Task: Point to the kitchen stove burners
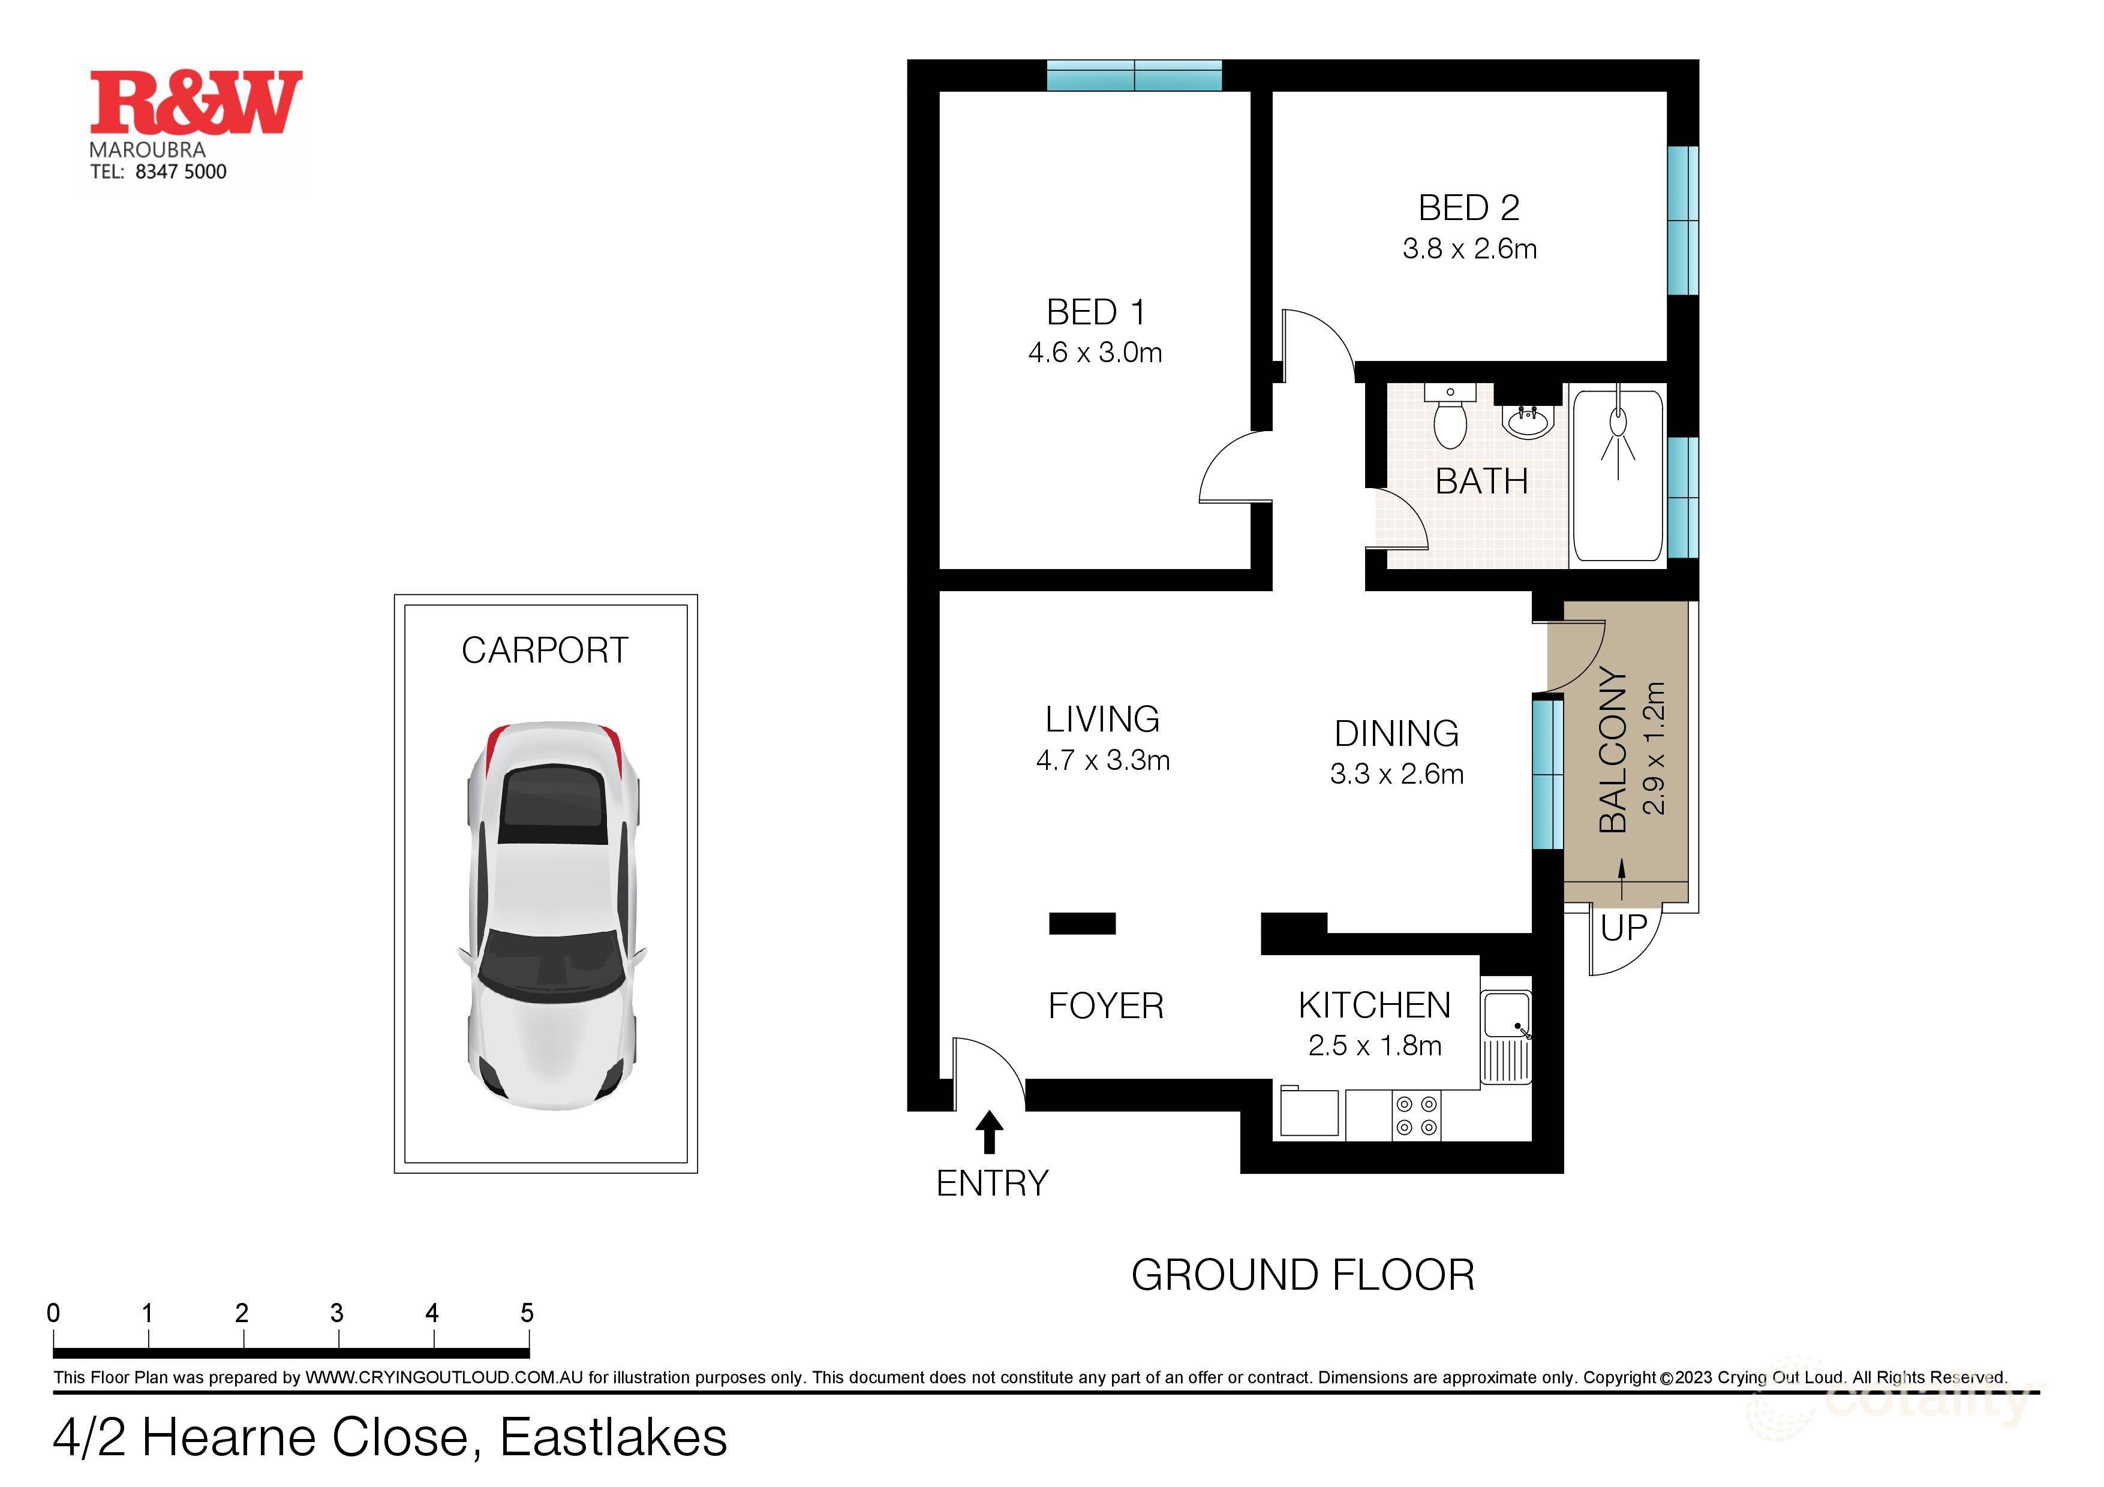(1417, 1115)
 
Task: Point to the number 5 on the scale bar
(527, 1313)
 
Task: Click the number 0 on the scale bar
(53, 1313)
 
